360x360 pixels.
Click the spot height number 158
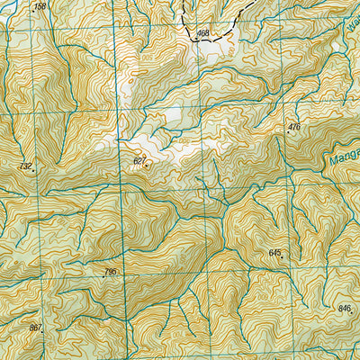coord(40,6)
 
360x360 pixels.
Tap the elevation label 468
coord(202,33)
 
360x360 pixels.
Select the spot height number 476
coord(294,127)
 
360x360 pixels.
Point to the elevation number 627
coord(139,161)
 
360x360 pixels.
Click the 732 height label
coord(24,166)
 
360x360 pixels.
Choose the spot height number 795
coord(111,271)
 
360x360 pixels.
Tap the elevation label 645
coord(274,253)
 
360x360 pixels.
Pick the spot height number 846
coord(344,309)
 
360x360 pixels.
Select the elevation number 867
coord(35,328)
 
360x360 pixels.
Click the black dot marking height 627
coord(147,166)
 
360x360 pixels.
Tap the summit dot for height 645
coord(282,258)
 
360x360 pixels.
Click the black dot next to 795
coord(104,276)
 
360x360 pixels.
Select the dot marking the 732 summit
coord(33,170)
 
